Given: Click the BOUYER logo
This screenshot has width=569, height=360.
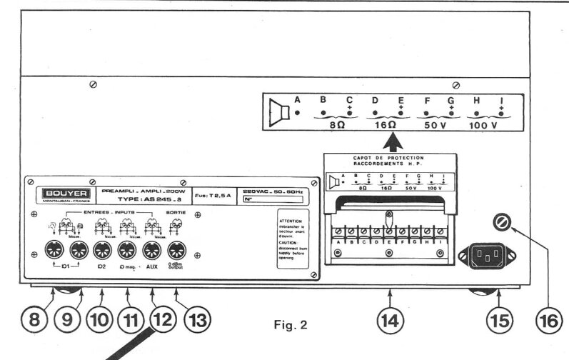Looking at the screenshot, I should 61,192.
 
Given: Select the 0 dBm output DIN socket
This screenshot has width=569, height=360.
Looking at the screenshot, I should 176,251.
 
